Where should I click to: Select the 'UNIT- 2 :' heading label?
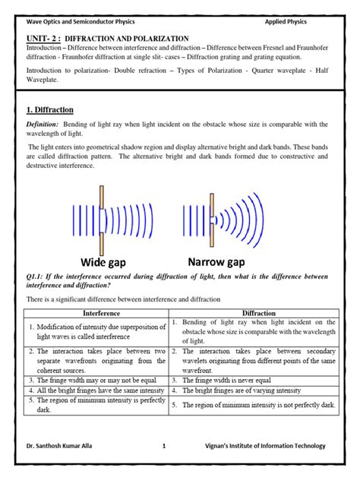[x=43, y=36]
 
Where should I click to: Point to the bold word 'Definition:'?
[x=43, y=124]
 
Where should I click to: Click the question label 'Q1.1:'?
[x=36, y=278]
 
